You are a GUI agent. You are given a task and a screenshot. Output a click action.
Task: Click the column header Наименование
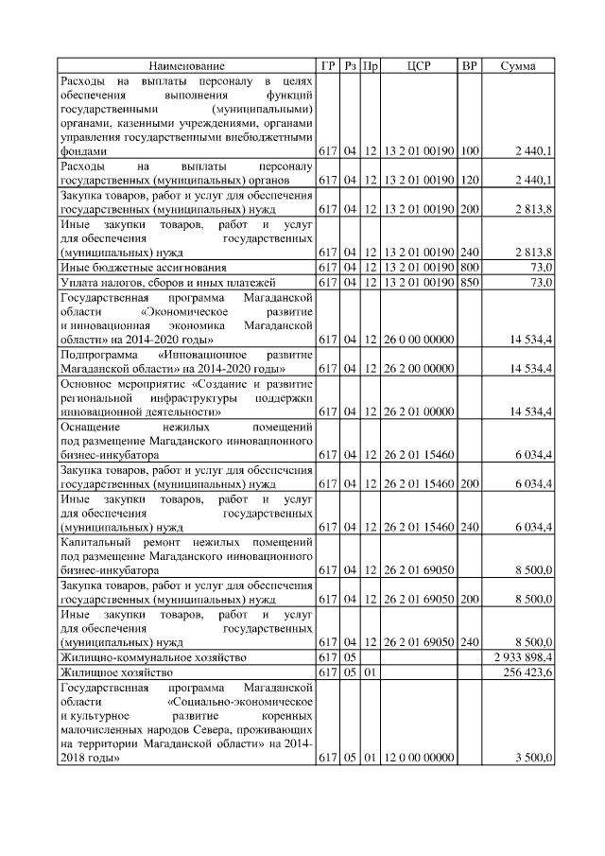coord(186,66)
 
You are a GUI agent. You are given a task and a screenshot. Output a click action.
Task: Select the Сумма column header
coord(518,66)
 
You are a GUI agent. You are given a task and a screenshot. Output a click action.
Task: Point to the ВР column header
coord(469,66)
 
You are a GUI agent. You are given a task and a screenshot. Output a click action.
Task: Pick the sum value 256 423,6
coord(528,672)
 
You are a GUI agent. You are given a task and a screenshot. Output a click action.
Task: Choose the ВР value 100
coord(469,150)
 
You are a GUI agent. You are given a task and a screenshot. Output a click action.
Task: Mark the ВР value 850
coord(469,282)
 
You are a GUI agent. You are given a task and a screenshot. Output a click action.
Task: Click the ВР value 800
coord(469,268)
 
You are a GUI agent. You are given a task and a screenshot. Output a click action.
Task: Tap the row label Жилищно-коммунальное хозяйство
coord(152,656)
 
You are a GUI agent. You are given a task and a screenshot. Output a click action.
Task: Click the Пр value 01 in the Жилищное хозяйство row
coord(371,672)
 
